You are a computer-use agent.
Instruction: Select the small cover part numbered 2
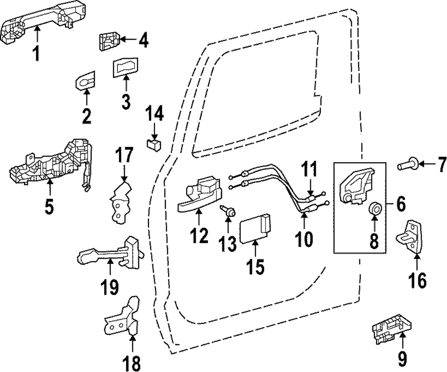pos(85,81)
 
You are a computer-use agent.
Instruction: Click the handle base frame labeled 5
pos(49,165)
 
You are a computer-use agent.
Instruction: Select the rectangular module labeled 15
pos(254,228)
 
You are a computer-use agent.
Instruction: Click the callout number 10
pos(304,239)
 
